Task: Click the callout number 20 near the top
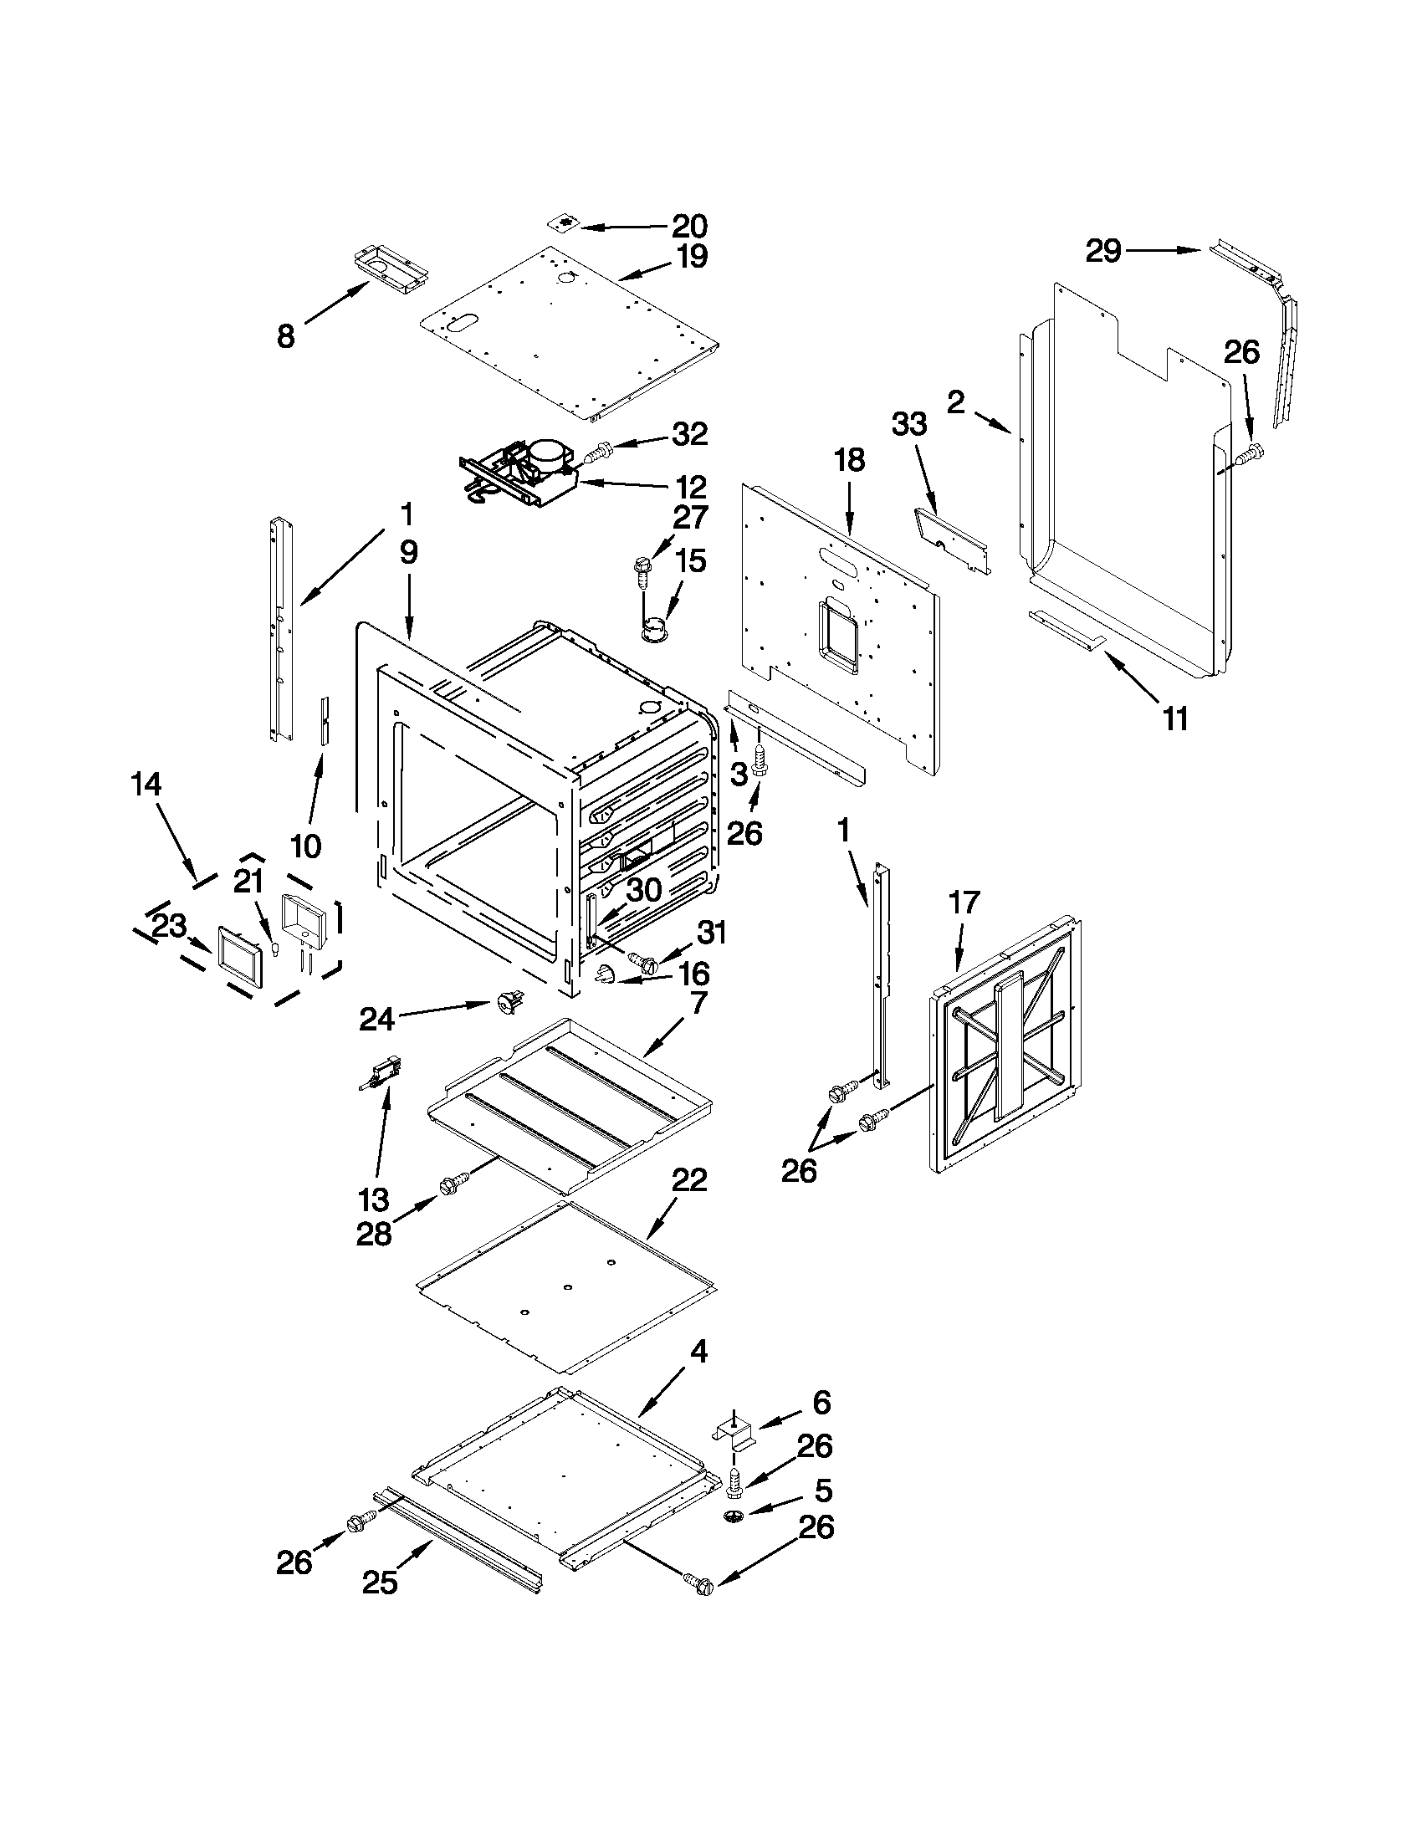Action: pos(688,226)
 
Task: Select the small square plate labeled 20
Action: pos(564,223)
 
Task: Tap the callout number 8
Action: pos(286,337)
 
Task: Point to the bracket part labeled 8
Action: pos(391,272)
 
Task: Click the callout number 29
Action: pos(1102,250)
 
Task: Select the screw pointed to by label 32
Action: pos(597,453)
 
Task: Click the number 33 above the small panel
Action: pos(909,424)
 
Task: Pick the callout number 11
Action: pos(1175,719)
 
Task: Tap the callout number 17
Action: pos(965,902)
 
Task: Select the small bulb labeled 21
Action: pos(274,949)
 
